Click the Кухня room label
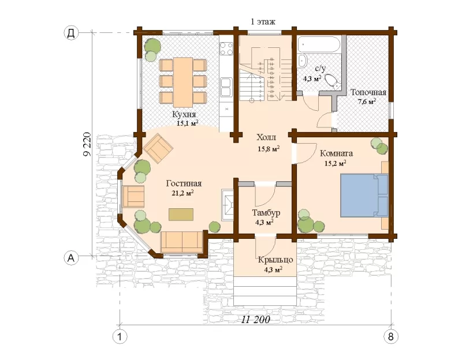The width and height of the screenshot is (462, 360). click(184, 114)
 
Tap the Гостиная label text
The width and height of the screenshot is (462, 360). click(184, 183)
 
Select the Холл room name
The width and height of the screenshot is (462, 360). click(266, 137)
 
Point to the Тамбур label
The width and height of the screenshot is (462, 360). click(266, 213)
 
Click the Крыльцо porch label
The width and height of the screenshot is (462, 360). click(275, 260)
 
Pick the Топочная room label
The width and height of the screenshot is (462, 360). click(368, 92)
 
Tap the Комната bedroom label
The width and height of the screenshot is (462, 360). click(336, 153)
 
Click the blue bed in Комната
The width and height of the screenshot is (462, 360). click(364, 196)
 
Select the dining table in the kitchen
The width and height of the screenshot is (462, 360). click(183, 82)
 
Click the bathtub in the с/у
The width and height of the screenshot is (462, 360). click(319, 44)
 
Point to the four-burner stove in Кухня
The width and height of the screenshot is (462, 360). click(226, 49)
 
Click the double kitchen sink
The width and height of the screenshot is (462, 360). click(226, 87)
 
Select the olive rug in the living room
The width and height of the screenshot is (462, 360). click(181, 214)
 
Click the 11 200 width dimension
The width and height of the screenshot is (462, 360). click(255, 320)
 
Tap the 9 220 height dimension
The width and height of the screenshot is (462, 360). click(87, 145)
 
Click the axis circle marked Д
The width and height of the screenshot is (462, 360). click(71, 33)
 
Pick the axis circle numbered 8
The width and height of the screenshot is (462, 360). click(391, 336)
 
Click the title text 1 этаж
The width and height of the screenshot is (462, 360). click(263, 21)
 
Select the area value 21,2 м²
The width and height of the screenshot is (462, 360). click(182, 193)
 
